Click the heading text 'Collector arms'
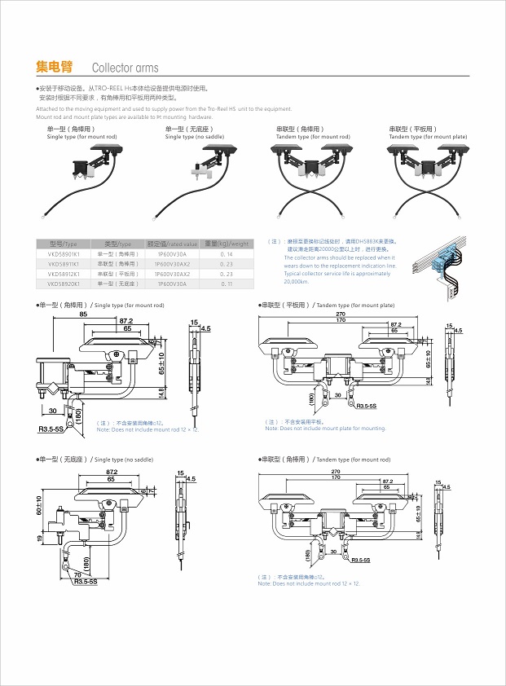(x=125, y=68)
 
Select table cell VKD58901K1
(x=63, y=255)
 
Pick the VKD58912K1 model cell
(x=63, y=274)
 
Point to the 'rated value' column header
(x=172, y=244)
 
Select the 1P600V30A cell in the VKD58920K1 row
(x=172, y=284)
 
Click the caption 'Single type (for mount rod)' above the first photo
(x=81, y=137)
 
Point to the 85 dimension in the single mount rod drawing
(x=84, y=314)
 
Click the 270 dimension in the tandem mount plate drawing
(x=341, y=314)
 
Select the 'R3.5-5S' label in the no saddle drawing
(x=86, y=582)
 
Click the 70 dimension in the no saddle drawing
(x=77, y=575)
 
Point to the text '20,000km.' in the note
(x=297, y=281)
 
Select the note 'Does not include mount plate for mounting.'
(x=326, y=429)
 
